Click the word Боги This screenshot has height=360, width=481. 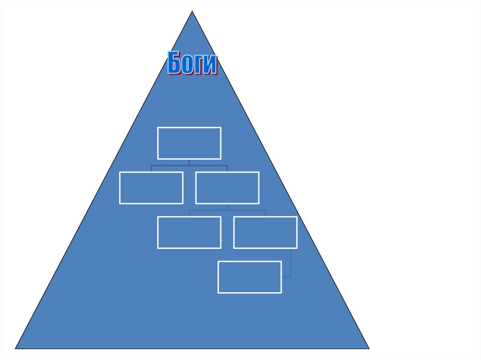tap(193, 63)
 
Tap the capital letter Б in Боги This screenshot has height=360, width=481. tap(175, 63)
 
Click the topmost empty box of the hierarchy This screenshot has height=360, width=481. tap(189, 143)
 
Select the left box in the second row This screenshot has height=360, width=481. tap(151, 188)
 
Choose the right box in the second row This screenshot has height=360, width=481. tap(227, 188)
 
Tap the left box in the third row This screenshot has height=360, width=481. tap(189, 232)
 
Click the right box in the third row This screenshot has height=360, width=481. tap(265, 232)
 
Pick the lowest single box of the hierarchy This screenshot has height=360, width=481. tap(250, 277)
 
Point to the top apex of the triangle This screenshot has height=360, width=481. tap(192, 12)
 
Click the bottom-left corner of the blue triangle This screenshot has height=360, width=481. tap(16, 348)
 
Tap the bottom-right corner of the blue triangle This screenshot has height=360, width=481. tap(369, 348)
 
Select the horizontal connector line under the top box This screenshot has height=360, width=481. tap(189, 166)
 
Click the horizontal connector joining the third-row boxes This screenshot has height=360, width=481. tap(227, 210)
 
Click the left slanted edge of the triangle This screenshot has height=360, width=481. tap(104, 180)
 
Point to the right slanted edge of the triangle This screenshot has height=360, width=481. tap(280, 180)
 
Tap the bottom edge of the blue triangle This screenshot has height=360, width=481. tap(192, 349)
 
